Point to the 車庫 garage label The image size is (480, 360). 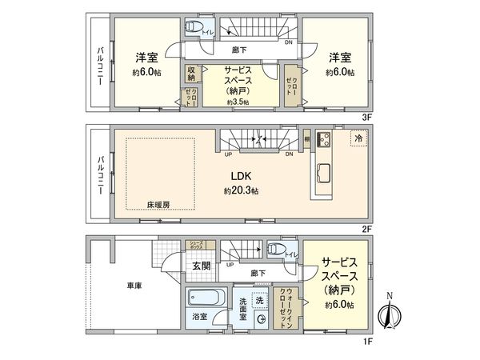click(x=134, y=285)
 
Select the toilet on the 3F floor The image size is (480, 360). click(x=193, y=28)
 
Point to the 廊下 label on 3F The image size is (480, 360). click(x=237, y=50)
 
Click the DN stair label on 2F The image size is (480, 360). click(x=289, y=154)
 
